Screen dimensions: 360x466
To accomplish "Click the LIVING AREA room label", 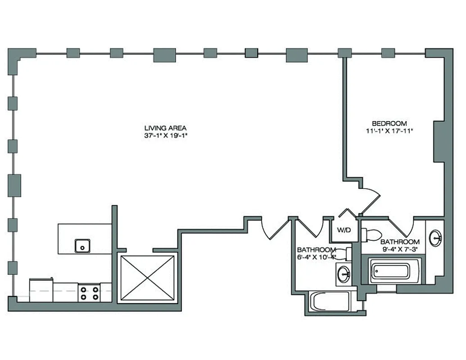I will [x=165, y=127].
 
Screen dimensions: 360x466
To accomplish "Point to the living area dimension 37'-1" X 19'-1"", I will [x=165, y=135].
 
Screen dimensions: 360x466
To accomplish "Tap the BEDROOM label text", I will [x=389, y=123].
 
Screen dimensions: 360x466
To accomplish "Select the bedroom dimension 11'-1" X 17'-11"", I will [x=389, y=131].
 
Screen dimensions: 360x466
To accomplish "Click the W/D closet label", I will [x=344, y=230].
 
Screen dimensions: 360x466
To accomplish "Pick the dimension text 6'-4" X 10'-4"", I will [x=317, y=257].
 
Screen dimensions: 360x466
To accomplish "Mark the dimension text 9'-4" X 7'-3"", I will [x=400, y=249].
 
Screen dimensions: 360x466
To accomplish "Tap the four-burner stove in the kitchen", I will [x=89, y=293].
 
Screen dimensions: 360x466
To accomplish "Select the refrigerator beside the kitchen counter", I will [x=41, y=290].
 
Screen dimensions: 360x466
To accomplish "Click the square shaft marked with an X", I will [x=148, y=278].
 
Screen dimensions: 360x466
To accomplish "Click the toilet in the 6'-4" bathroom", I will [x=345, y=254].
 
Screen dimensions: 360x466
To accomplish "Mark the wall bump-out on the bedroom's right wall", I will [x=439, y=141].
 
